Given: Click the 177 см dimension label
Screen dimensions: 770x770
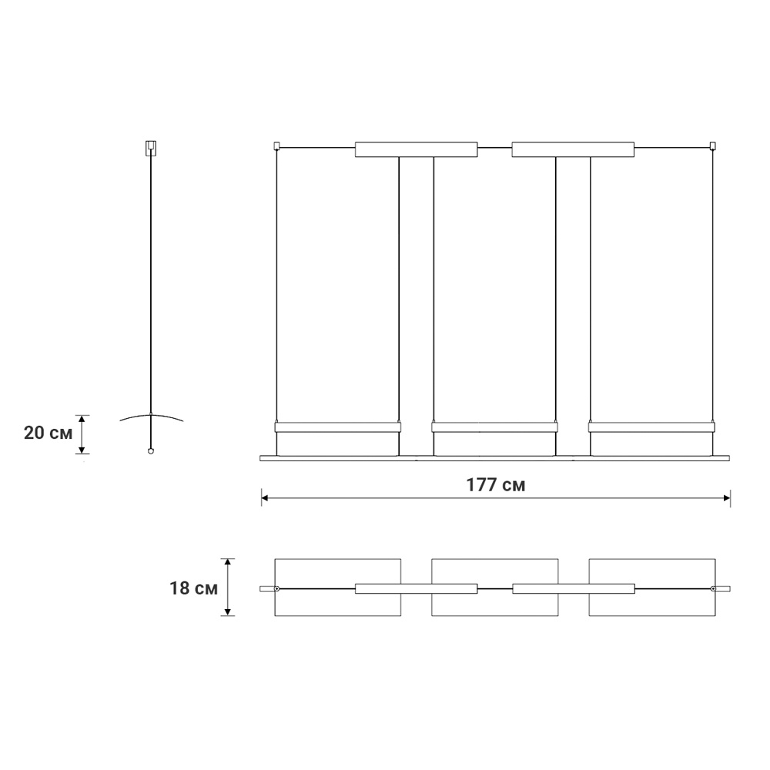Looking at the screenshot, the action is click(x=495, y=484).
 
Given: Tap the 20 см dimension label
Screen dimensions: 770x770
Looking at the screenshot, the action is click(x=48, y=433).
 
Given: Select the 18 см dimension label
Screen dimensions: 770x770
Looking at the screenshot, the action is click(x=193, y=588).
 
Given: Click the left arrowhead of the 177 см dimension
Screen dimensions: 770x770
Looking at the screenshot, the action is click(x=265, y=498).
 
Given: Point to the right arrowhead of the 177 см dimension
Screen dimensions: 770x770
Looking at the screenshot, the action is click(x=727, y=498).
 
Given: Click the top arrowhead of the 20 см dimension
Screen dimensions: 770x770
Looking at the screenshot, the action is click(x=82, y=418).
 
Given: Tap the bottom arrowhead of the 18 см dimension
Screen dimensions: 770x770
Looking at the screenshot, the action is click(x=227, y=612).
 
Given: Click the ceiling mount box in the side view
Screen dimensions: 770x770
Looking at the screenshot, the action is click(x=151, y=148).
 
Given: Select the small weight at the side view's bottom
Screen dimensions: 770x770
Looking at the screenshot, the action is click(x=151, y=450).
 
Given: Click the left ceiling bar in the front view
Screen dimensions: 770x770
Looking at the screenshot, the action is click(x=416, y=150).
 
